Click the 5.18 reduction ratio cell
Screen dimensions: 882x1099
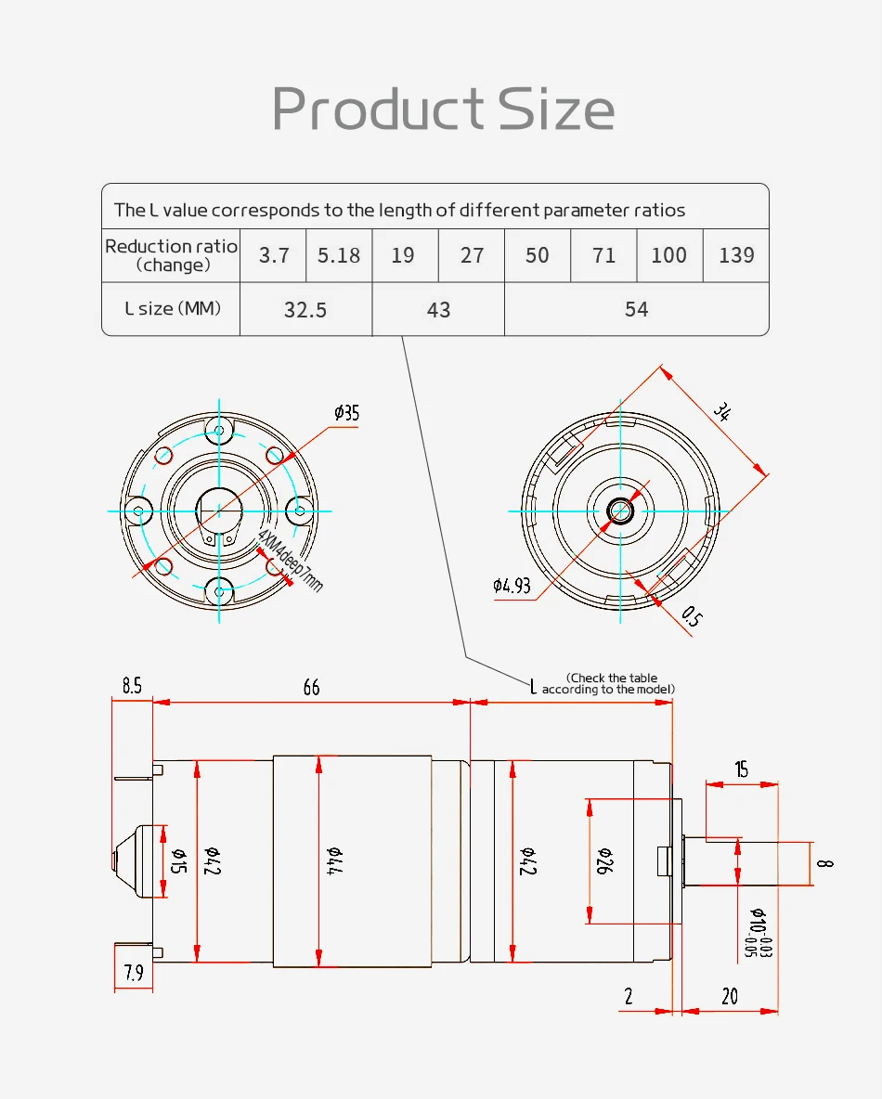tap(339, 255)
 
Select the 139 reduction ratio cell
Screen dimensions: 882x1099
tap(736, 255)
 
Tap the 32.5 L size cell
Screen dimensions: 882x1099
tap(305, 309)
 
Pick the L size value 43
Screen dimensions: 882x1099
tap(438, 309)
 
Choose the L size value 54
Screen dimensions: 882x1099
tap(637, 309)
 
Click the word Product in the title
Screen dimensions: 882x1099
tap(378, 109)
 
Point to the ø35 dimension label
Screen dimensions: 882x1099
tap(346, 413)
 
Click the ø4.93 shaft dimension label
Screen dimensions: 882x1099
tap(512, 586)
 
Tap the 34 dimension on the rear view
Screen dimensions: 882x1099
tap(722, 411)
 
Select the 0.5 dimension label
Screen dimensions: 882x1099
tap(692, 616)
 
